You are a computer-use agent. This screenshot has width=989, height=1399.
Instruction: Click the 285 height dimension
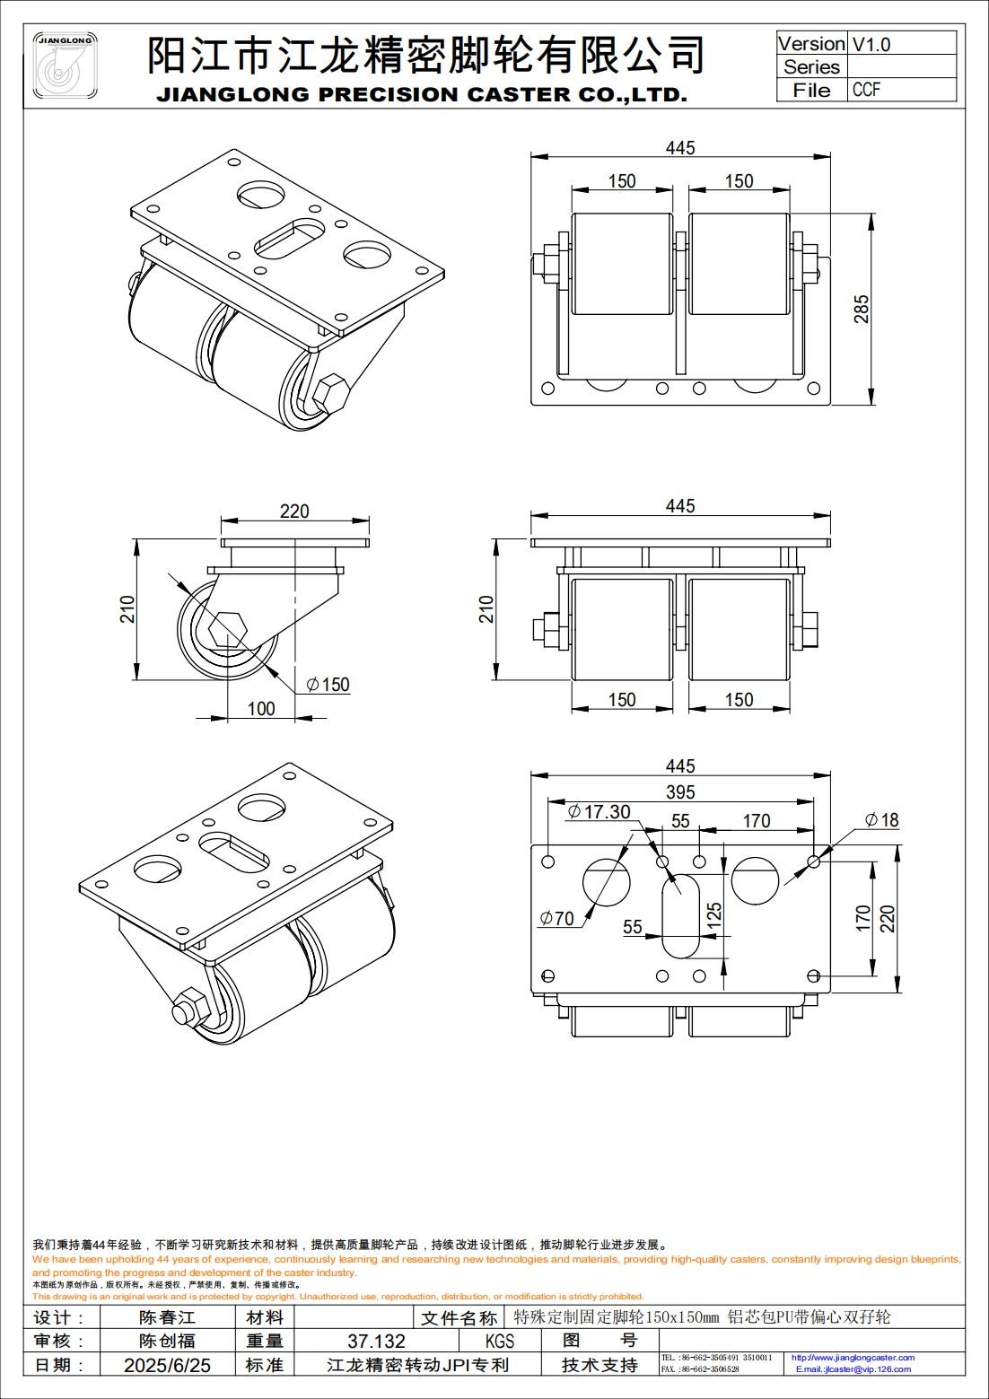[x=861, y=310]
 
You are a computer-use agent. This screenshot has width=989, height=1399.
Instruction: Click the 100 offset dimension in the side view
[x=260, y=709]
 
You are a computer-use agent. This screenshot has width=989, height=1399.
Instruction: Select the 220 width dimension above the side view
[x=294, y=511]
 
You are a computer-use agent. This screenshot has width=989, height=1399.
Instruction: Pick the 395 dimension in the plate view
[x=680, y=791]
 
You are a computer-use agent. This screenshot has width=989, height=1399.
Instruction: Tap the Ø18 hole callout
[x=881, y=819]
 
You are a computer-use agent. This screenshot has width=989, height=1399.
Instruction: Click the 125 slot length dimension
[x=714, y=914]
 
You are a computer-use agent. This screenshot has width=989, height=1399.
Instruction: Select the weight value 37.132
[x=376, y=1342]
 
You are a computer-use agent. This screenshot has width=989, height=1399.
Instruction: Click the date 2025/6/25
[x=168, y=1365]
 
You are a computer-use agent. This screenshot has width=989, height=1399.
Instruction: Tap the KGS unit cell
[x=500, y=1342]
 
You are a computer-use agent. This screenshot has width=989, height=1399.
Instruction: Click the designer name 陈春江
[x=168, y=1317]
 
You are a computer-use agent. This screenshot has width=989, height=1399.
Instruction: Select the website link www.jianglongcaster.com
[x=853, y=1358]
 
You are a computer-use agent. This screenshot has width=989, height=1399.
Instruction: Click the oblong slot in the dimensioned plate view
[x=681, y=914]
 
